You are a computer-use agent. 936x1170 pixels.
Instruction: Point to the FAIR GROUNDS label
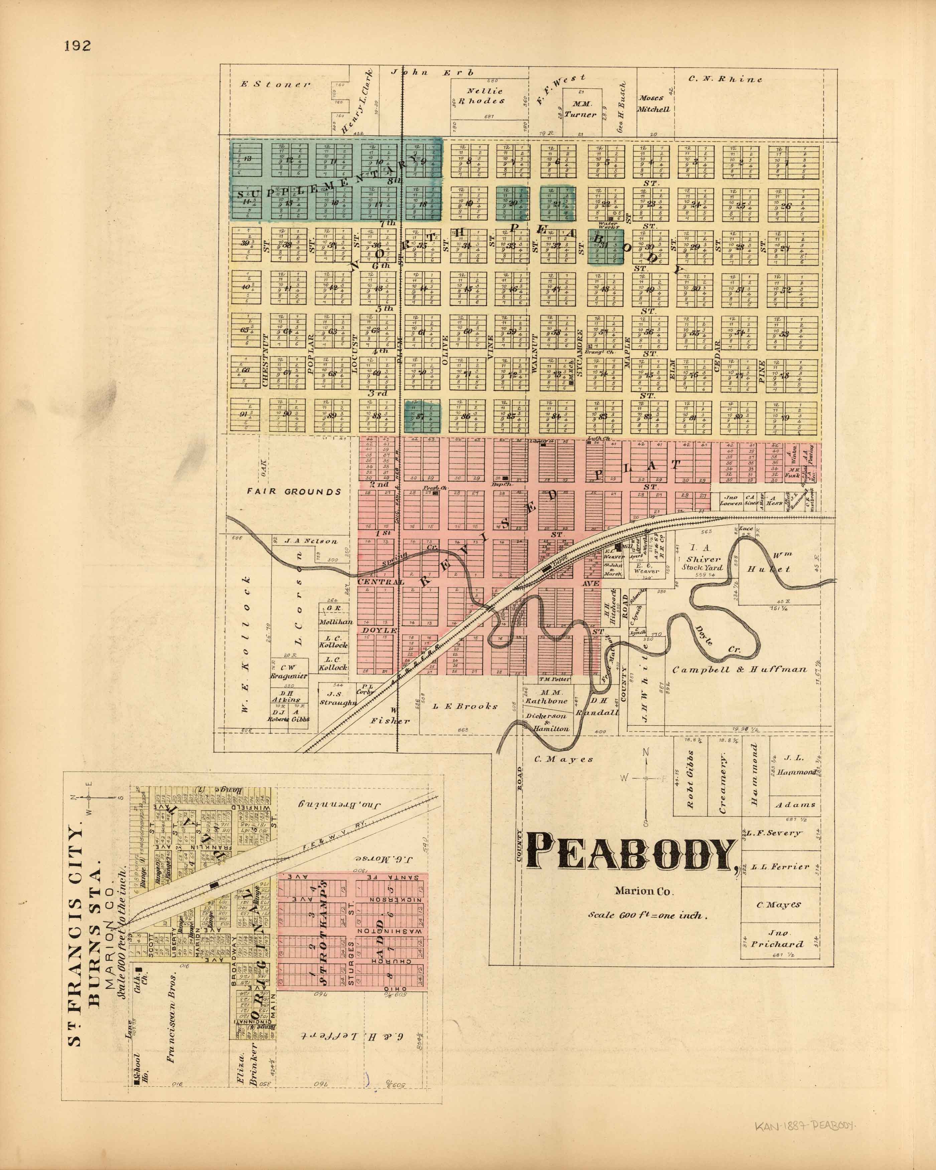[x=293, y=492]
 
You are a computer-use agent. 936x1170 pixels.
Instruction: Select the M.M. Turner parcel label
[x=580, y=109]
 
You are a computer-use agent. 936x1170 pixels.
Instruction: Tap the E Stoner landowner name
[x=276, y=84]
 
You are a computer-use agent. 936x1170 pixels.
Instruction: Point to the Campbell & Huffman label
[x=740, y=670]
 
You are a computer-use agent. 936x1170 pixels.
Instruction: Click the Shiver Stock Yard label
[x=702, y=563]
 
